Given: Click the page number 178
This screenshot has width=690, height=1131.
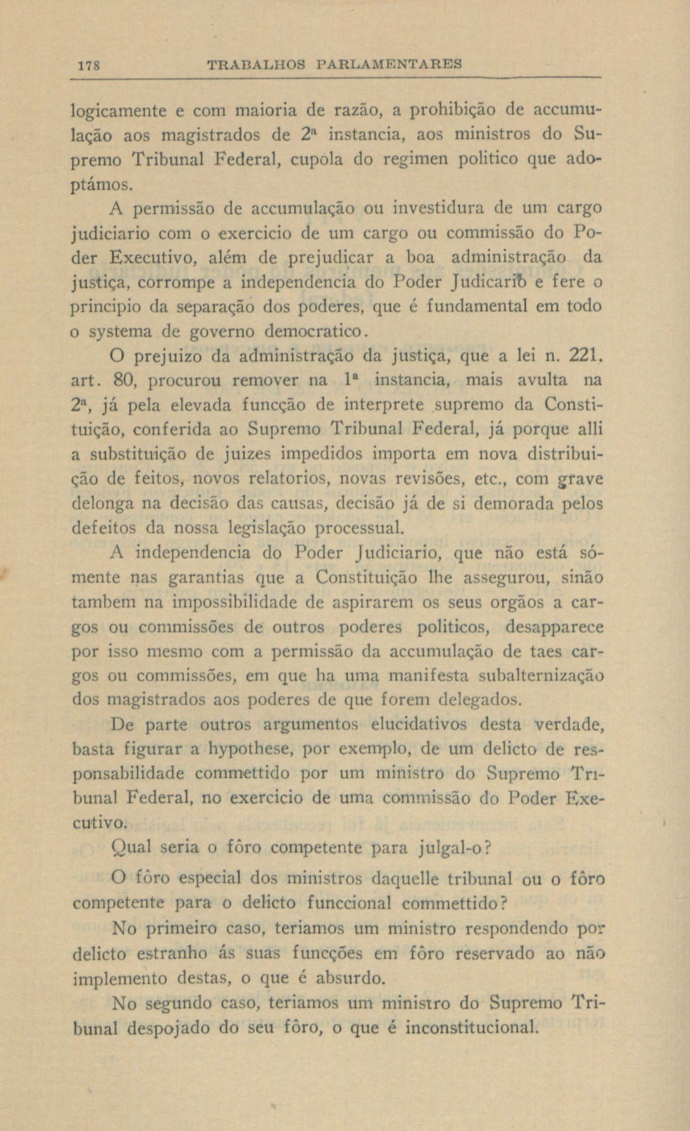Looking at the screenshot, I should pyautogui.click(x=86, y=65).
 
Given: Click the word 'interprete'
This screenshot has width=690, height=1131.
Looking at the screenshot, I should pyautogui.click(x=384, y=405).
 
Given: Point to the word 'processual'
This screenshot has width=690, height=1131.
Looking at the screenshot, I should pyautogui.click(x=360, y=528).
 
